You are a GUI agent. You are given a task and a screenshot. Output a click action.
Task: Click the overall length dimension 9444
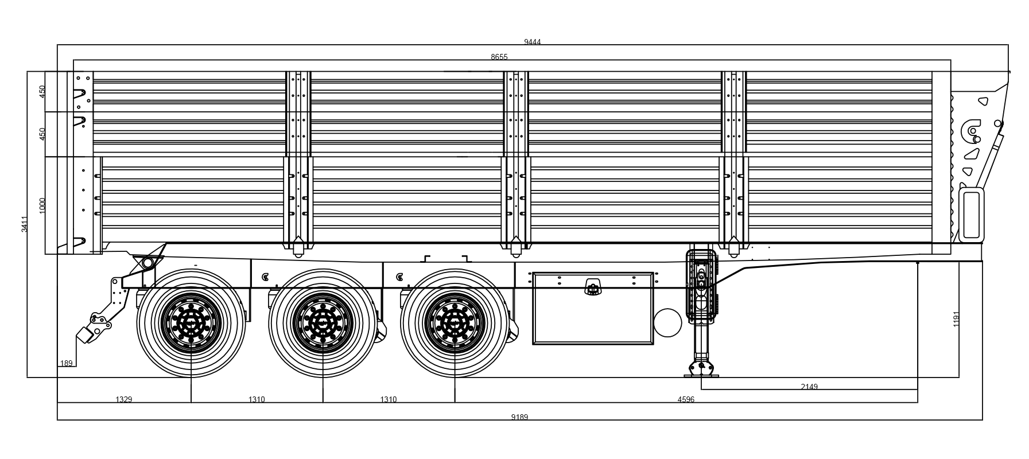click(532, 42)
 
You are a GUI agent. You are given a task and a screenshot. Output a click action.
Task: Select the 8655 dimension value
click(499, 57)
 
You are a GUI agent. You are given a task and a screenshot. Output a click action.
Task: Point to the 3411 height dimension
click(25, 224)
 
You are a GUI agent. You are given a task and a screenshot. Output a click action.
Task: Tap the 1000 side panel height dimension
click(42, 205)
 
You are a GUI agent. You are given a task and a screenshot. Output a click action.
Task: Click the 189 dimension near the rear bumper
click(67, 363)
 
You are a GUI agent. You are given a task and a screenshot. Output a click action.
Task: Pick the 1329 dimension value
click(124, 399)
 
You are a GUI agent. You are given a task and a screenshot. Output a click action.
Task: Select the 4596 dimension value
click(686, 399)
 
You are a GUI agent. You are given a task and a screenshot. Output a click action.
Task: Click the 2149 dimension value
click(809, 387)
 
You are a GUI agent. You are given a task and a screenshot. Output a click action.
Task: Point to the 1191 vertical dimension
click(956, 319)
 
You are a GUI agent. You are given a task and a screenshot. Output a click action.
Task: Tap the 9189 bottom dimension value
click(519, 417)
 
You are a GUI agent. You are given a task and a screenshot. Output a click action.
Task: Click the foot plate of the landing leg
click(701, 376)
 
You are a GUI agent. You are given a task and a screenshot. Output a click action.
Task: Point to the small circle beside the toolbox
click(667, 322)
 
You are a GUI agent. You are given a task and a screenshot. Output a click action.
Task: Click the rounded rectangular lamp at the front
click(971, 215)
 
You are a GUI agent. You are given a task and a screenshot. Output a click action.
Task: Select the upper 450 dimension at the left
click(42, 92)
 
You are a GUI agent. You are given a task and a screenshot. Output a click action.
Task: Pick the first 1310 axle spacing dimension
click(257, 399)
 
